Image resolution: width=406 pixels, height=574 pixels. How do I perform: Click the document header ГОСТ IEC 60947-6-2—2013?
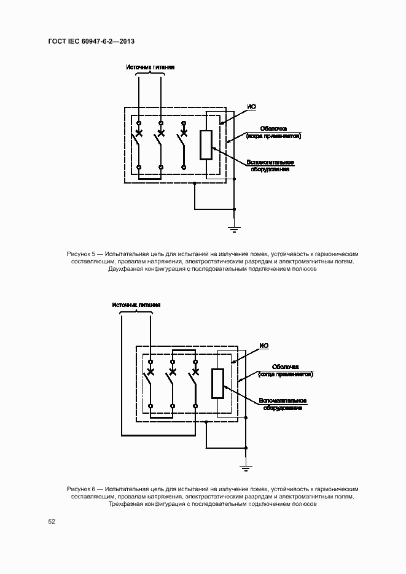pos(91,41)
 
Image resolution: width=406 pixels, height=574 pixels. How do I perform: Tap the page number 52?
pos(52,521)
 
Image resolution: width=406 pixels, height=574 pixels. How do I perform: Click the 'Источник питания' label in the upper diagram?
pos(150,67)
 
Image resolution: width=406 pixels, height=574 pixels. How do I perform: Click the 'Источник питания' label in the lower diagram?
pos(136,304)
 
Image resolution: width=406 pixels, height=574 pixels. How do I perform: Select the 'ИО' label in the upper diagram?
pos(251,107)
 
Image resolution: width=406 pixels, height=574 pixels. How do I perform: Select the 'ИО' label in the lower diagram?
pos(264,346)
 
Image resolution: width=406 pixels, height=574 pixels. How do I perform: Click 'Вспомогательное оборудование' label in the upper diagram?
pos(270,166)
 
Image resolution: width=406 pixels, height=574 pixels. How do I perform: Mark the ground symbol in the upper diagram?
pos(234,230)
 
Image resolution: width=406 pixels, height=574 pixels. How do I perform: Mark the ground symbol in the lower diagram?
pos(246,469)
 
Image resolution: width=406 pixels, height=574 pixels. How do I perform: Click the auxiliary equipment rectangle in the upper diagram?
pos(206,145)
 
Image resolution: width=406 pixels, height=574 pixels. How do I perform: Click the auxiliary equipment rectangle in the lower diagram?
pos(218,384)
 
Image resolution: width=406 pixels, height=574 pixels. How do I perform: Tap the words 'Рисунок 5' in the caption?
pos(81,254)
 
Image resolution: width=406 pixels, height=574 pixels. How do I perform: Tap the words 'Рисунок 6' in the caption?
pos(81,488)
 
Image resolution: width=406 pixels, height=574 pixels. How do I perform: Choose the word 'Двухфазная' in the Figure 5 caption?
pos(124,270)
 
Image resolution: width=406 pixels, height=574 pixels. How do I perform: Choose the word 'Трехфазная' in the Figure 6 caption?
pos(124,504)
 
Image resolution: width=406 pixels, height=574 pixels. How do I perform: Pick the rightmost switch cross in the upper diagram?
pos(183,133)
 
